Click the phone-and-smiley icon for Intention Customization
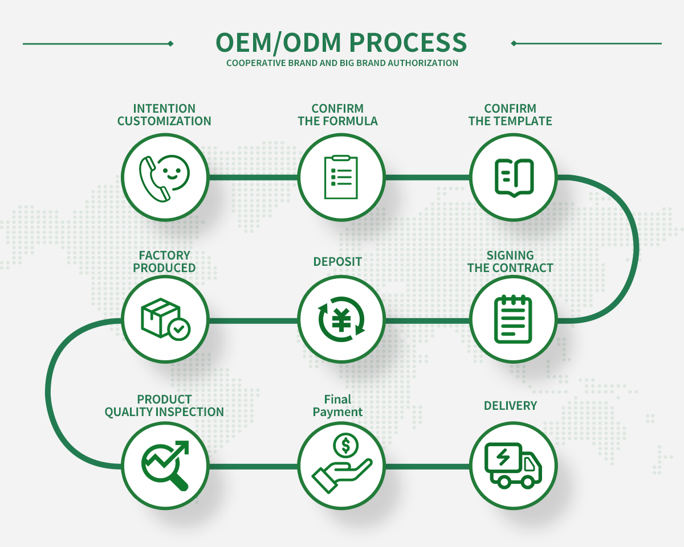(x=165, y=178)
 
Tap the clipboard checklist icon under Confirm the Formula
(x=341, y=178)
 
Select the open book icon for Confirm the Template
(x=514, y=178)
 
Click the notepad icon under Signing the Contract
(x=513, y=320)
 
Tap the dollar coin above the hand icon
(x=345, y=445)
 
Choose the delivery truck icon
(x=512, y=465)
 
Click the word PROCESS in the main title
(x=407, y=43)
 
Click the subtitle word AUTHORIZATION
(x=422, y=63)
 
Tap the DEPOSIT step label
(x=337, y=262)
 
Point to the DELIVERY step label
(x=510, y=406)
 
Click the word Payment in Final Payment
(x=337, y=412)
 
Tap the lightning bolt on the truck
(x=503, y=458)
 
